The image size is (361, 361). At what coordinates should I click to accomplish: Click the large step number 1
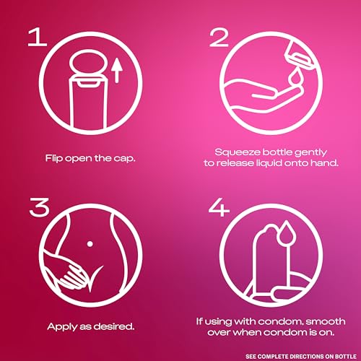coord(38,37)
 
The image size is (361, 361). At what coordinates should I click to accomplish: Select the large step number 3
coord(39,206)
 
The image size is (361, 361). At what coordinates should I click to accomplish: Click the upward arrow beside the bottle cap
coord(117,71)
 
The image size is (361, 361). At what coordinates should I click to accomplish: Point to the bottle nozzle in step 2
coord(300,53)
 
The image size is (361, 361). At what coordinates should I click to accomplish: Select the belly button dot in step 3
coord(90,244)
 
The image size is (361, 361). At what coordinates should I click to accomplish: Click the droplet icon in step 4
coord(286,232)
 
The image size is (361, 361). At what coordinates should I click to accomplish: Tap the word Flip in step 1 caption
coord(54,159)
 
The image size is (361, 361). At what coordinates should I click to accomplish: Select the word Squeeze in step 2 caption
coord(238,152)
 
